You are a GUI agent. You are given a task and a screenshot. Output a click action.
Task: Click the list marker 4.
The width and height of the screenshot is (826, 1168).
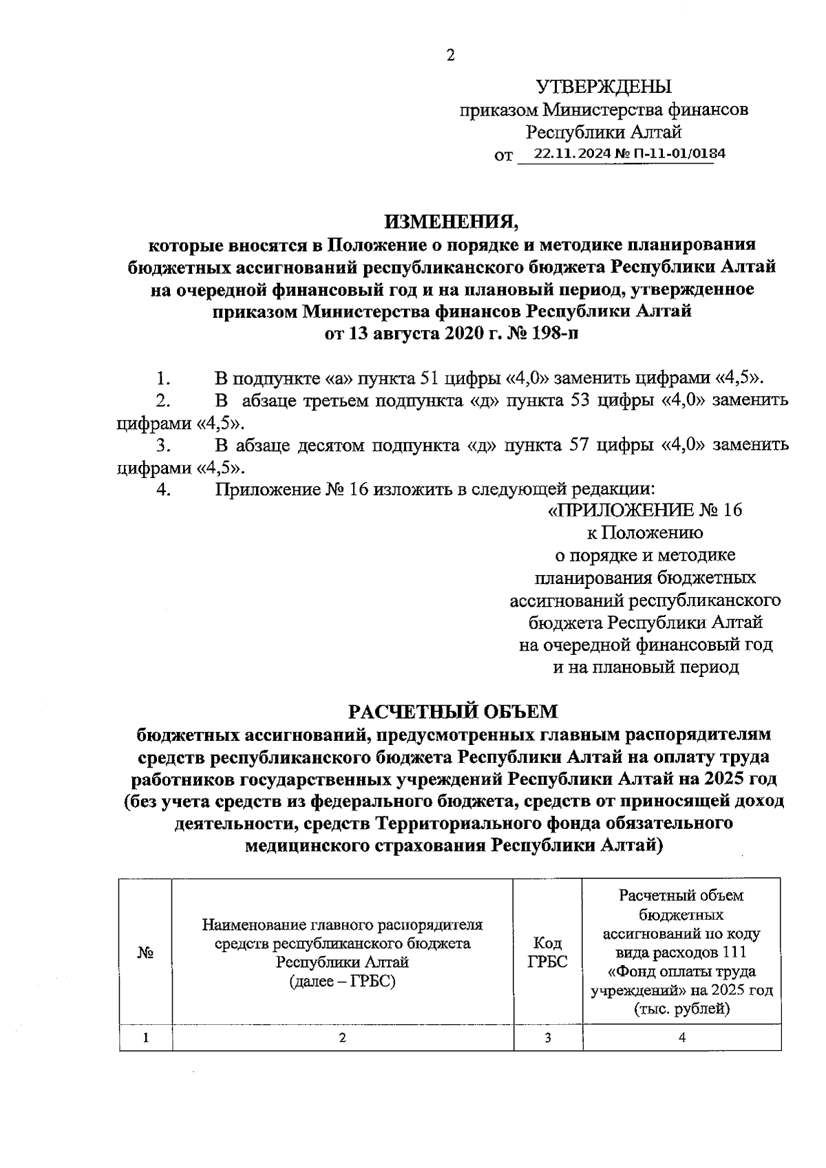click(163, 490)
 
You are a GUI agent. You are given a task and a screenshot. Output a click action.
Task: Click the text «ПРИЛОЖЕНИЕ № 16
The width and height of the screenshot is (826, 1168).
click(644, 510)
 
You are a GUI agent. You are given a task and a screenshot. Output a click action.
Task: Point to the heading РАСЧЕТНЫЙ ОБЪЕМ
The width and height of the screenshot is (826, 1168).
click(452, 711)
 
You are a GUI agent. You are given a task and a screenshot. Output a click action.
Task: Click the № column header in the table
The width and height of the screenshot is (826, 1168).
click(145, 953)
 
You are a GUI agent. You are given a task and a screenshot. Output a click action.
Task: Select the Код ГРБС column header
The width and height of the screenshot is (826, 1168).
click(547, 953)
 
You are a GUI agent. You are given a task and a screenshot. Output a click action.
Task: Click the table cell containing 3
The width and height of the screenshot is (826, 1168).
click(547, 1039)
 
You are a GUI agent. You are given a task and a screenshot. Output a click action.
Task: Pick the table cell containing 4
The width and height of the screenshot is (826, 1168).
click(681, 1039)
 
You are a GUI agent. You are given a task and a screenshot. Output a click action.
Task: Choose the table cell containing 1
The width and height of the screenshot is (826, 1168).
click(145, 1039)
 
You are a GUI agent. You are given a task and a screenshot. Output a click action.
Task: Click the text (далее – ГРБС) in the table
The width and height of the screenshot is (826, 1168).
click(342, 981)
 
